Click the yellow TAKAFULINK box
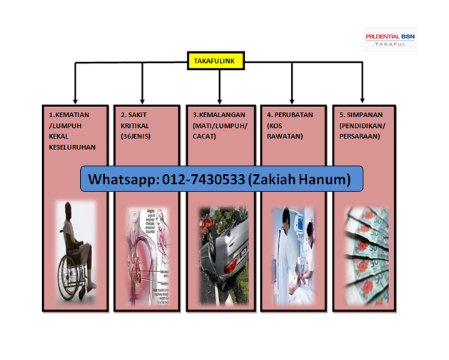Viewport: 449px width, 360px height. pos(216,61)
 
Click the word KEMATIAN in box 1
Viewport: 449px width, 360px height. pos(71,114)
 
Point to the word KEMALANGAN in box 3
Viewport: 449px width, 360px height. pos(221,114)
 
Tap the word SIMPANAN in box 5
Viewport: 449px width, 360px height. pos(364,114)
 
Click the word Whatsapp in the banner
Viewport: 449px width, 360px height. pos(117,179)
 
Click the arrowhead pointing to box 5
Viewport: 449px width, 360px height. pos(363,97)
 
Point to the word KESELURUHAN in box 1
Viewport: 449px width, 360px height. pos(72,147)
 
